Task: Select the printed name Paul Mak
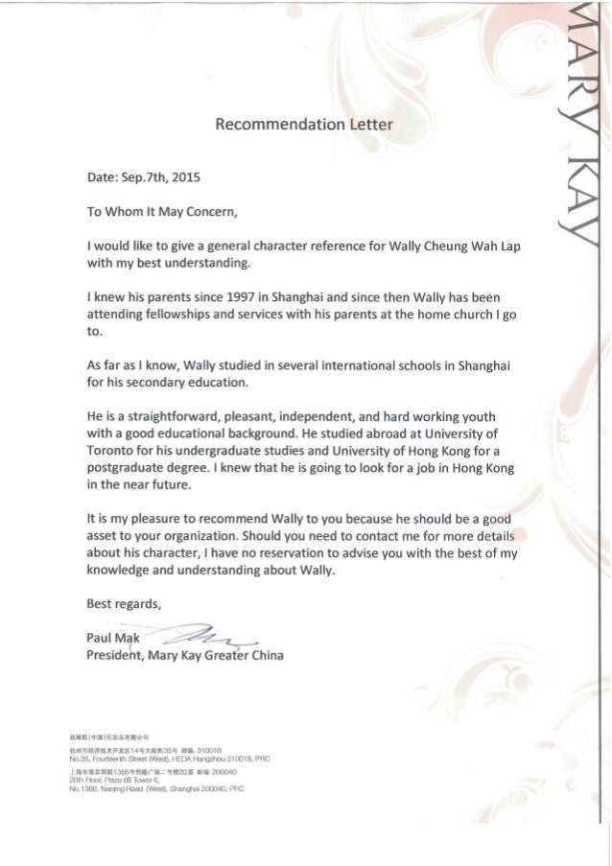(x=113, y=640)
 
